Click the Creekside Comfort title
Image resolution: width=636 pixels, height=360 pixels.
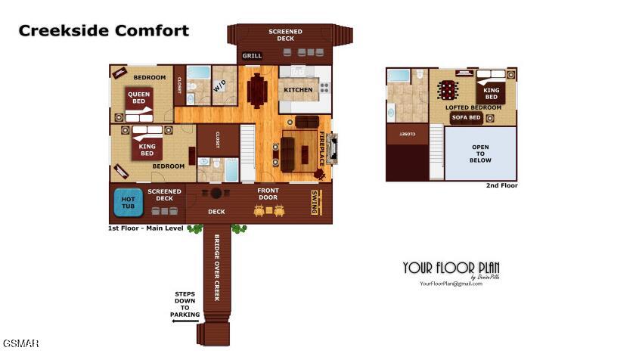coord(104,31)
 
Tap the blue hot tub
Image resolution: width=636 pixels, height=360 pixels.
coord(129,202)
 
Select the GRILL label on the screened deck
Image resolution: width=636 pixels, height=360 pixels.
coord(252,56)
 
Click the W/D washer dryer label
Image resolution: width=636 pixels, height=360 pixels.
coord(219,87)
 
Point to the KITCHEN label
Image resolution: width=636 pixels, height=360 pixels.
coord(298,90)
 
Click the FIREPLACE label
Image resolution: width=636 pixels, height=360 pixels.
coord(322,149)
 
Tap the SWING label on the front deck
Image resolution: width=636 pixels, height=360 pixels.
coord(314,202)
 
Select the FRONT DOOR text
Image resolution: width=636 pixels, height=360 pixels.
coord(268,194)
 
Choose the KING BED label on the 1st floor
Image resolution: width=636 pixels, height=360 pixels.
coord(147,148)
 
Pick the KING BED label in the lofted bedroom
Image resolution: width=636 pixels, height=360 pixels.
coord(491,93)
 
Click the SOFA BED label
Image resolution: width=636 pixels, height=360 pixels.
coord(466,118)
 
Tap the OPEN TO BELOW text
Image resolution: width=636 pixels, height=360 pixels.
coord(480,154)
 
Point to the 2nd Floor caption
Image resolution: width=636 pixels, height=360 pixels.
coord(501,185)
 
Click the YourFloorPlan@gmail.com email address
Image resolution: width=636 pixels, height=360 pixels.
coord(451,284)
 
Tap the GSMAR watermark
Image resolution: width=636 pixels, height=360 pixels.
coord(20,344)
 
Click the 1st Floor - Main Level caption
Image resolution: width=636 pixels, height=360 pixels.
coord(146,228)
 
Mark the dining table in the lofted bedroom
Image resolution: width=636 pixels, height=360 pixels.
coord(449,90)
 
